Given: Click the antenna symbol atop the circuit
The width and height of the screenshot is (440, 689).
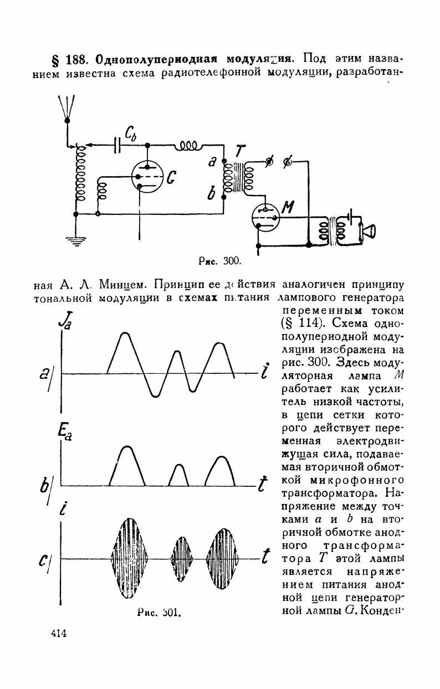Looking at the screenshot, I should (66, 109).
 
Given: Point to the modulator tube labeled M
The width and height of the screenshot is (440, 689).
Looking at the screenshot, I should (265, 217).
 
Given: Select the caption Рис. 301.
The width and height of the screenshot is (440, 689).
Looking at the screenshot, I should (159, 613).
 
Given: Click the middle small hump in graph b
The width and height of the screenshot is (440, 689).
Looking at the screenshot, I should (178, 475).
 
